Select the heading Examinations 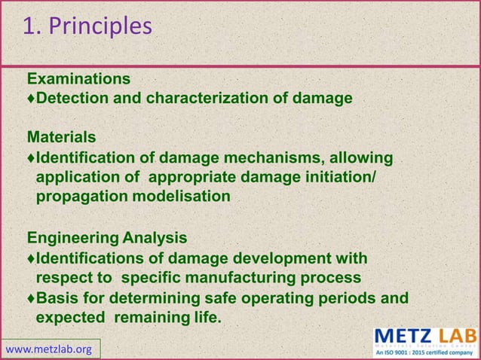pos(78,79)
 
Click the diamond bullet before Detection pos(31,99)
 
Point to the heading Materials pos(61,138)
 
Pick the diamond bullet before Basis pos(31,297)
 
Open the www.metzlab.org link pos(48,349)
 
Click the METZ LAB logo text pos(426,335)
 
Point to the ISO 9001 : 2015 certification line pos(426,352)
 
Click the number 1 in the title pos(28,26)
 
